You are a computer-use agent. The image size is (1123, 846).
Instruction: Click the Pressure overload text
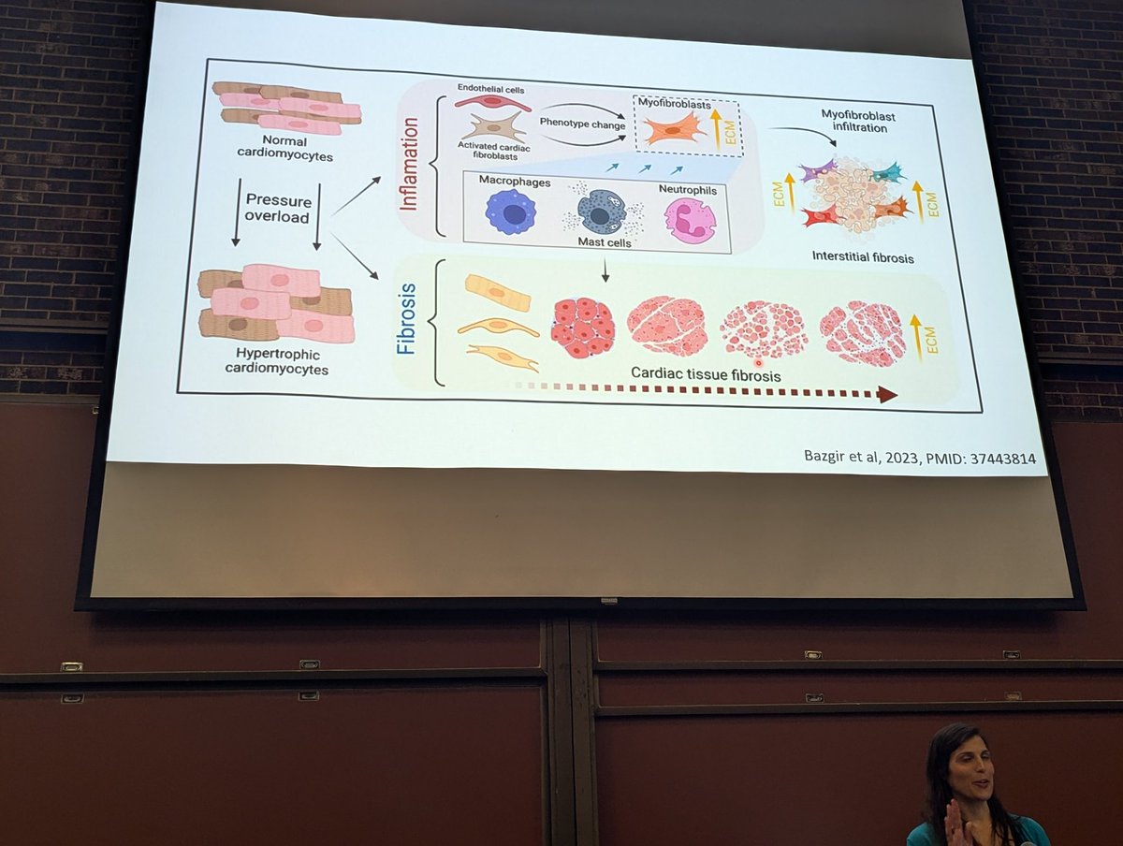point(277,208)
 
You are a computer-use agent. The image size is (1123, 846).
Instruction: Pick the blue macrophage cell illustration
point(511,211)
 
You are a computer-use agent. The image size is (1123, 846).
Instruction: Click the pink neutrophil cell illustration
point(690,220)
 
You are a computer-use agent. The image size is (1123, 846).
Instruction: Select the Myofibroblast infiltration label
point(854,121)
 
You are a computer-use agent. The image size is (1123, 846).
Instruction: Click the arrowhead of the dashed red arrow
point(886,395)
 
